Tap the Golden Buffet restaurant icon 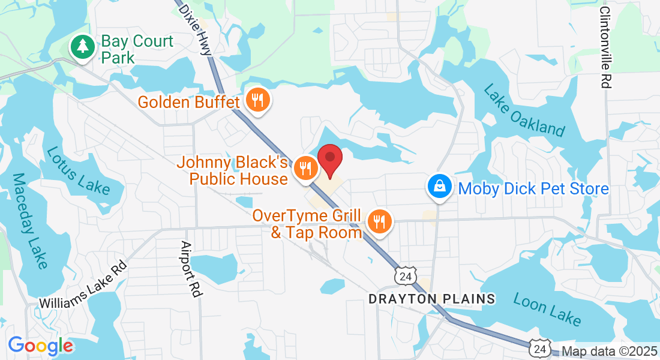click(x=258, y=101)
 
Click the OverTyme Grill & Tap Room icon click(x=379, y=223)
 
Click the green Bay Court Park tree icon click(x=82, y=46)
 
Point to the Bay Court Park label click(x=137, y=49)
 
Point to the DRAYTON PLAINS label click(x=431, y=299)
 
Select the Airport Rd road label click(x=190, y=269)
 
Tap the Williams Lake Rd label click(x=83, y=285)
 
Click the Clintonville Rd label click(x=605, y=48)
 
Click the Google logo click(x=40, y=346)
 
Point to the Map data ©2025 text click(x=608, y=352)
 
